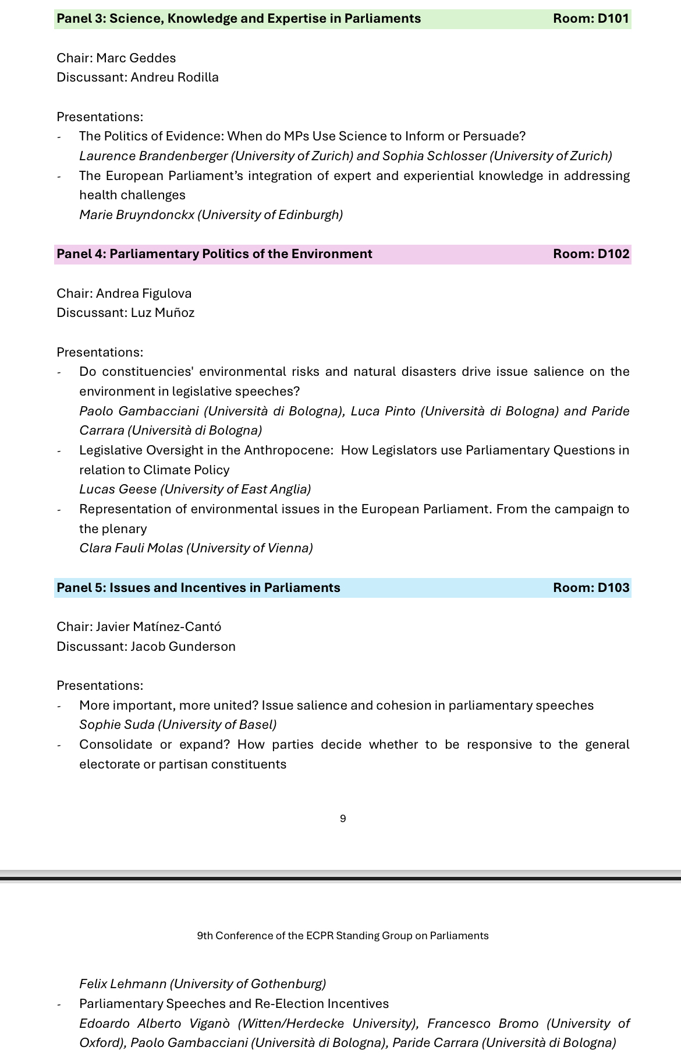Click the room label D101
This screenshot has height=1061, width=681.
click(x=591, y=19)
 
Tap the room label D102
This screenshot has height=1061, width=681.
click(x=591, y=254)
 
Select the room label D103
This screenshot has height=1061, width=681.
click(x=591, y=588)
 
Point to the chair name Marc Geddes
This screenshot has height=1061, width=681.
click(x=136, y=58)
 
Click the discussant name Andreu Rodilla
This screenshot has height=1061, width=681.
click(x=175, y=77)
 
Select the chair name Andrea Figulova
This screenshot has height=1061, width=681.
click(x=144, y=294)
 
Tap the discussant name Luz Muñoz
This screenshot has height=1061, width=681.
click(x=162, y=313)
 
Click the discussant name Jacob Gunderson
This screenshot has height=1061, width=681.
click(x=183, y=647)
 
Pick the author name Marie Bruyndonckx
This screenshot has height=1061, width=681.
click(x=137, y=215)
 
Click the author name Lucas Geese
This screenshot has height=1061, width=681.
click(x=119, y=489)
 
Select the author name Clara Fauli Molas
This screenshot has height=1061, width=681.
click(x=131, y=548)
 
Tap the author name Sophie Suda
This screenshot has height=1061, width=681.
click(x=116, y=725)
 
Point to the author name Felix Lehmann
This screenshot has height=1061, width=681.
click(x=123, y=984)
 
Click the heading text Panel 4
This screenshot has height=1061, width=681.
click(x=79, y=254)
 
